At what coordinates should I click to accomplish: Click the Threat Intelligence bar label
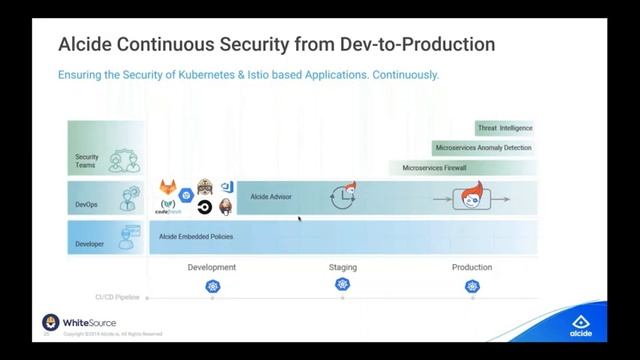[504, 128]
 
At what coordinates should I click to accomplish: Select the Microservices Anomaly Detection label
[483, 148]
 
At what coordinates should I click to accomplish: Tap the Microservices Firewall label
[434, 168]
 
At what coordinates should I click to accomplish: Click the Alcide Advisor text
[271, 197]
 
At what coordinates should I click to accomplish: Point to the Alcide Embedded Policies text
[196, 237]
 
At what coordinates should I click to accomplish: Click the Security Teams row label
[86, 160]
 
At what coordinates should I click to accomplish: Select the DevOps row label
[88, 203]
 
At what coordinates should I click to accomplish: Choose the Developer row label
[89, 243]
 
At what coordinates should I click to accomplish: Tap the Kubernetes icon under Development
[212, 286]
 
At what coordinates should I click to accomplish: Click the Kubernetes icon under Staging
[343, 285]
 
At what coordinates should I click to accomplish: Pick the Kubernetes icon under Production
[472, 286]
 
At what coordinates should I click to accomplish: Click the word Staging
[343, 267]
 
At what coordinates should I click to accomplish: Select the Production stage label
[472, 267]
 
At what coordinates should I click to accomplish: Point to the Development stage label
[212, 267]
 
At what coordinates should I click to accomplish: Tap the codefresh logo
[168, 208]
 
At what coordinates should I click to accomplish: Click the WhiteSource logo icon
[50, 323]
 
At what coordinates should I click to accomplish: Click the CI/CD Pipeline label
[118, 297]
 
